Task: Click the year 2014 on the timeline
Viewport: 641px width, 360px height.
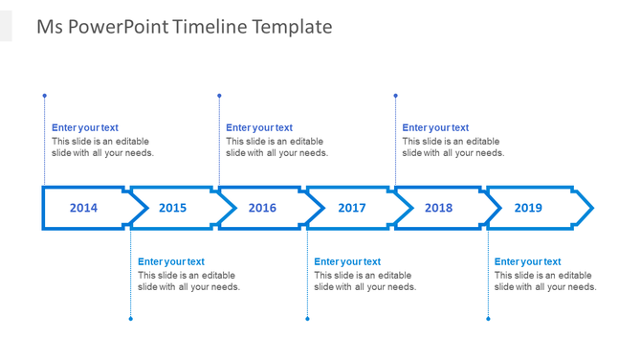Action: click(83, 208)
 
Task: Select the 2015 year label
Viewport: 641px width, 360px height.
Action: click(172, 208)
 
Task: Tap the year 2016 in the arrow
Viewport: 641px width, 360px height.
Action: click(262, 208)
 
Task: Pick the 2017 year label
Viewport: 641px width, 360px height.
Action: click(351, 208)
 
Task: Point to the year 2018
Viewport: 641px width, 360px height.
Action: click(438, 208)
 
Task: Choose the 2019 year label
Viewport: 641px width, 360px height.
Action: click(528, 208)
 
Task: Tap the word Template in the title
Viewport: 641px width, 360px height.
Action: click(292, 27)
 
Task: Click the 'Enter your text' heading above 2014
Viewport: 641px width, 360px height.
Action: click(85, 127)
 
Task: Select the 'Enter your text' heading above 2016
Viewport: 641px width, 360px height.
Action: click(259, 127)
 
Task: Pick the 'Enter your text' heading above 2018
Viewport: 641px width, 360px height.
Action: click(435, 127)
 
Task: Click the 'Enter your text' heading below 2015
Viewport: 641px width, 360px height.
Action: click(171, 261)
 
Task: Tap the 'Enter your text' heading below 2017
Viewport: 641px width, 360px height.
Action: click(347, 261)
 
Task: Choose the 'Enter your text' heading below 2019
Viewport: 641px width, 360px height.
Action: click(528, 261)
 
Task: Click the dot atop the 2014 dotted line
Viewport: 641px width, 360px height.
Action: click(44, 96)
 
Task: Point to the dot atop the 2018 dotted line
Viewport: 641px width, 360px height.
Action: click(395, 96)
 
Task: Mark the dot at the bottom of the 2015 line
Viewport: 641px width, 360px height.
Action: click(131, 319)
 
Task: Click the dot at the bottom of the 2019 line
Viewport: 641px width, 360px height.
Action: click(488, 319)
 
